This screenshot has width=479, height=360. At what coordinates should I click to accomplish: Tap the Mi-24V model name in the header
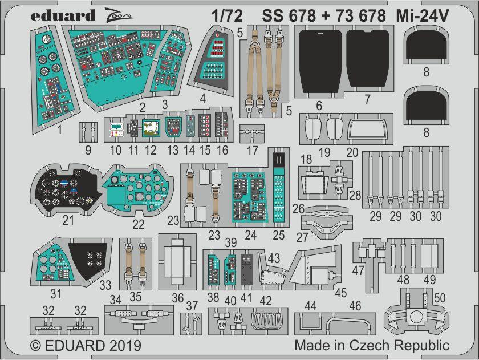[423, 15]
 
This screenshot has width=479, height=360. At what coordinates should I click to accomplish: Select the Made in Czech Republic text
[372, 346]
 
